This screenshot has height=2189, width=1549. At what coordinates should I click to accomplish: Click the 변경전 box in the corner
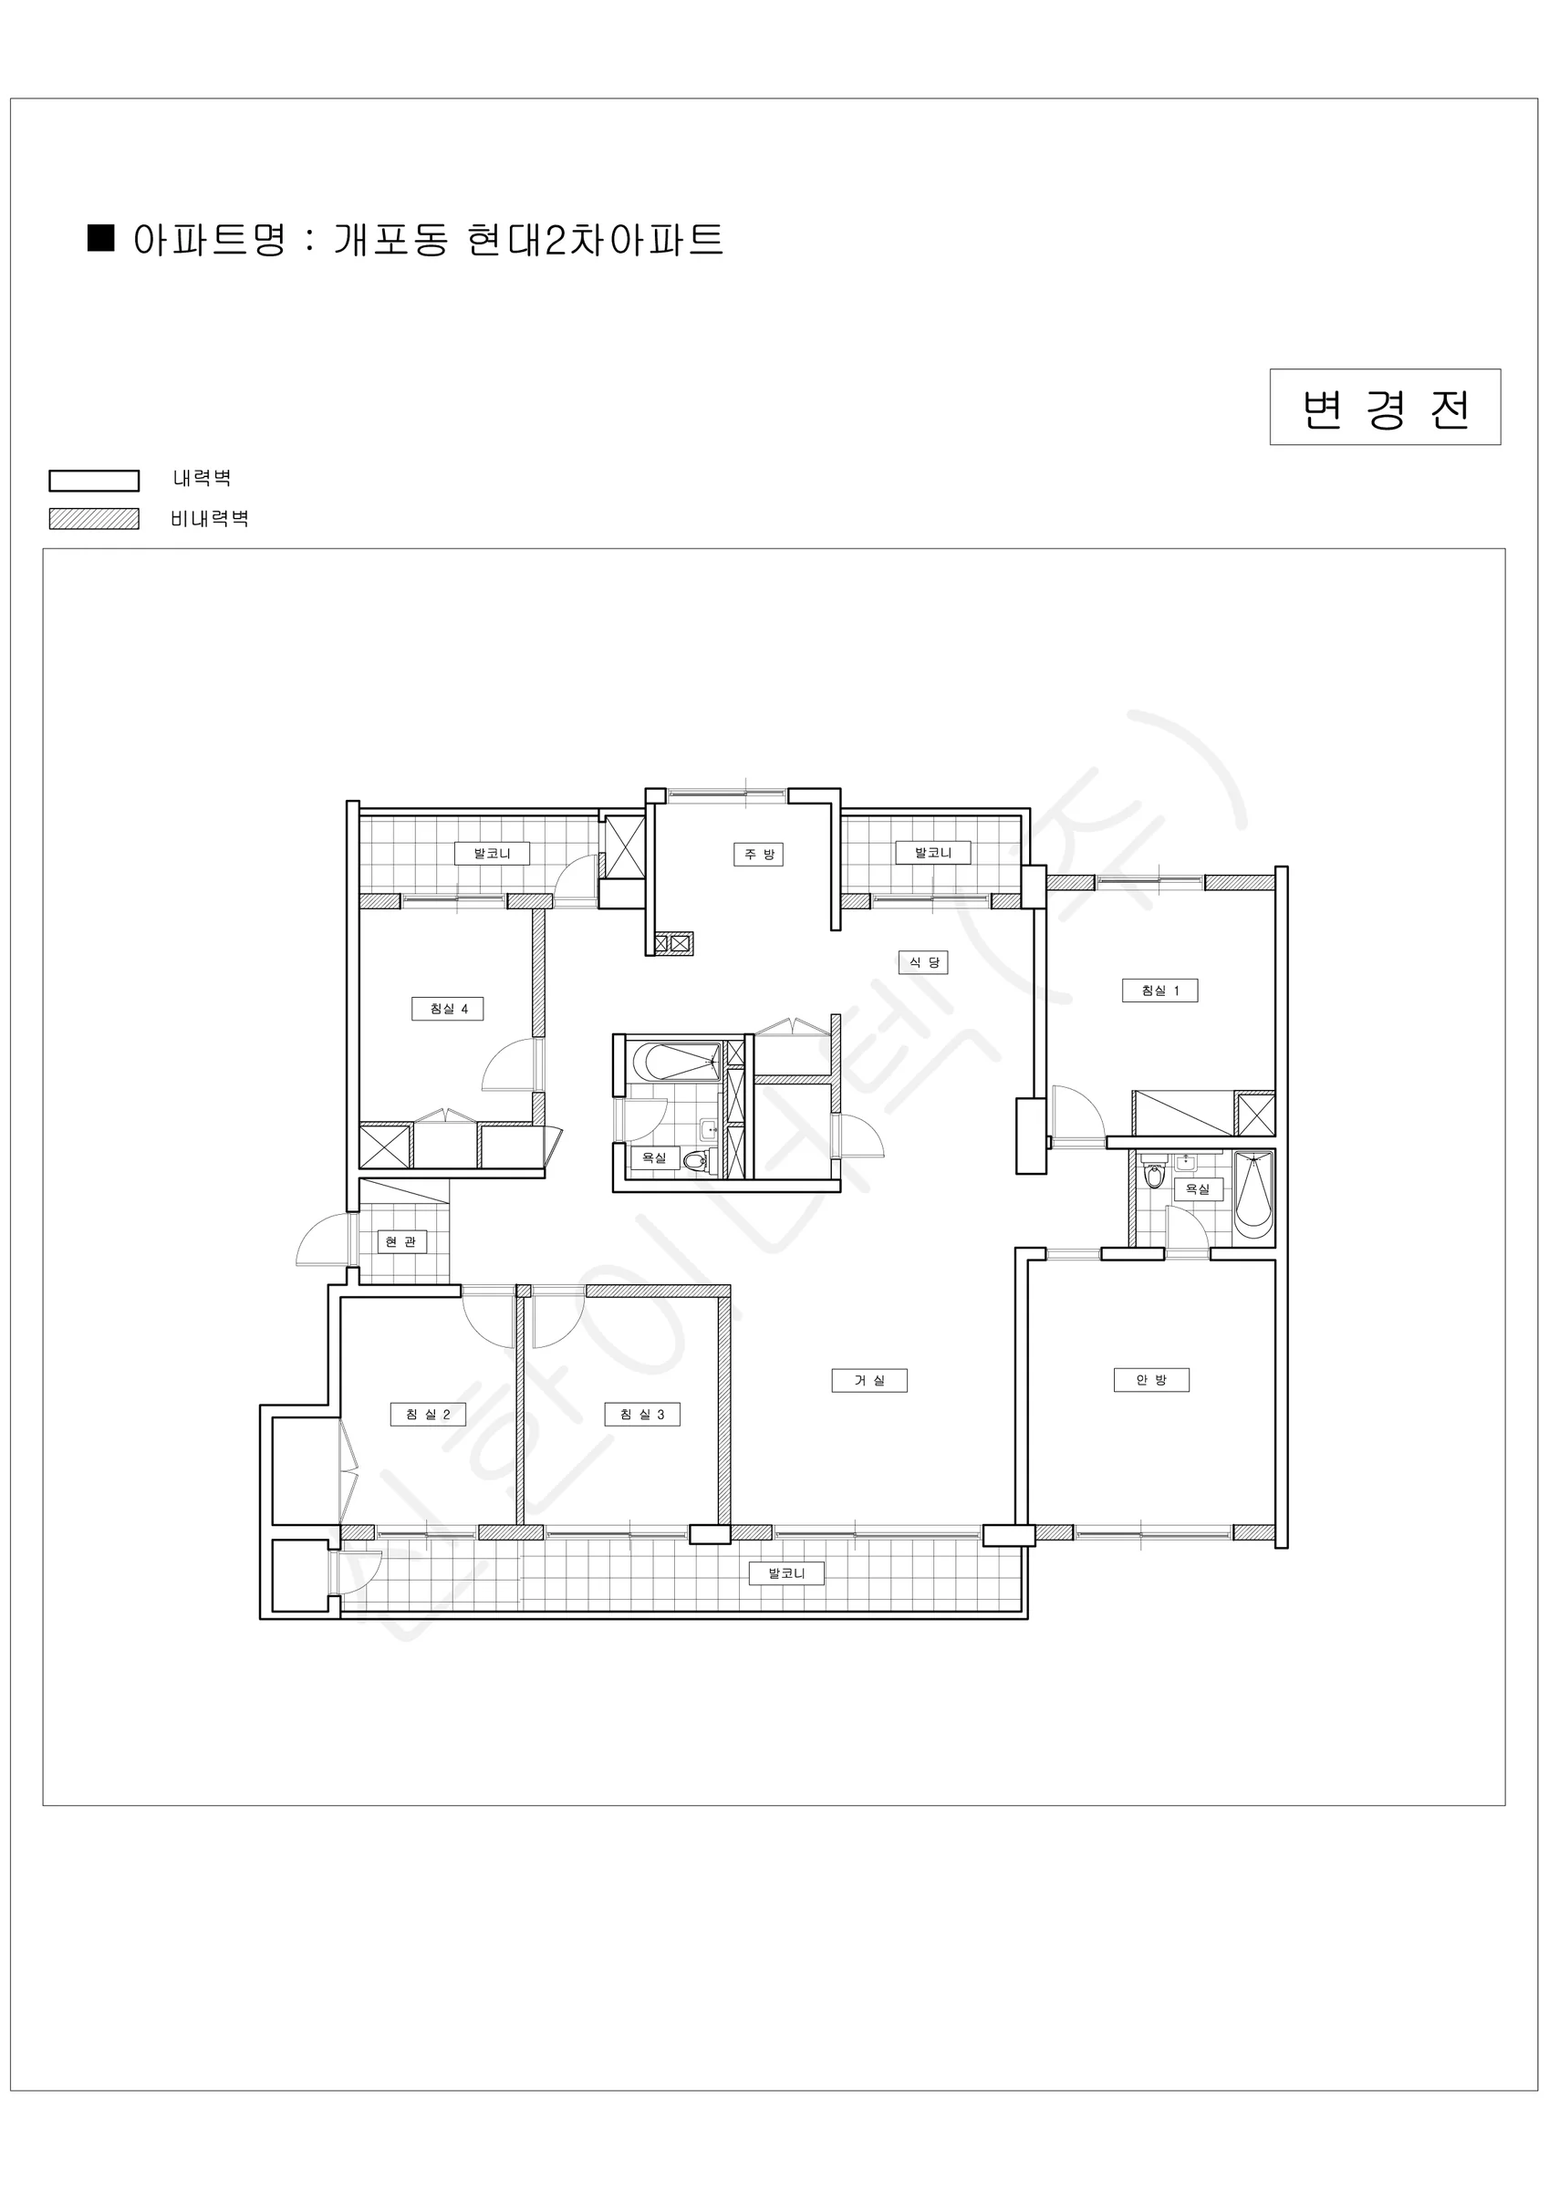[1385, 407]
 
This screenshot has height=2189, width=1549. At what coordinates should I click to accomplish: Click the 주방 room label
[758, 855]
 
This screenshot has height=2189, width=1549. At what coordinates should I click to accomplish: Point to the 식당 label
[923, 962]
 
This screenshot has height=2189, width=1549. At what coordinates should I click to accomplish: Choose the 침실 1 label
[1159, 991]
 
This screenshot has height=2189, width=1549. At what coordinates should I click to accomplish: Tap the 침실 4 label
[447, 1009]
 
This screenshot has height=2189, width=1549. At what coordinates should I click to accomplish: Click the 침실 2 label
[428, 1414]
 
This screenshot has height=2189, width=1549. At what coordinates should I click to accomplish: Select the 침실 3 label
[642, 1414]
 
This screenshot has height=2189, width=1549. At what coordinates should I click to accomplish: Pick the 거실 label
[869, 1381]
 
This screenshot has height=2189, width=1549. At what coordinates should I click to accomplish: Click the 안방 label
[1151, 1380]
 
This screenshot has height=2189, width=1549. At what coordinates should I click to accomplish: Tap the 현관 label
[400, 1242]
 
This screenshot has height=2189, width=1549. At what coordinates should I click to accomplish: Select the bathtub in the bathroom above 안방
[1253, 1196]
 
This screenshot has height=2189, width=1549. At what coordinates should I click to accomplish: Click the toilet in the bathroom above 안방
[1154, 1175]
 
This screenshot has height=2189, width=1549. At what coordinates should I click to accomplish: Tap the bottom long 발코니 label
[786, 1573]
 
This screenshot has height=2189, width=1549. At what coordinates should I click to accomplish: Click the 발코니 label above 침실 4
[493, 854]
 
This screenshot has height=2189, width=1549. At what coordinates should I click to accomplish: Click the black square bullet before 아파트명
[101, 238]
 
